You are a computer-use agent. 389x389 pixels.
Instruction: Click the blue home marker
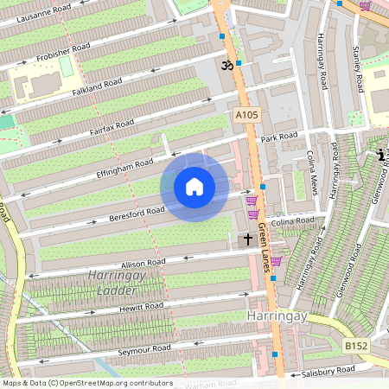194,187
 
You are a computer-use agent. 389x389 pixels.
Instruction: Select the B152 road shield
354,346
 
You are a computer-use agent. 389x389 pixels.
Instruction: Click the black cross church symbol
248,239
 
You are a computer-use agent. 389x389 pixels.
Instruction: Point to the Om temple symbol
226,64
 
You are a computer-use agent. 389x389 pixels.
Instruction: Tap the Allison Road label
143,262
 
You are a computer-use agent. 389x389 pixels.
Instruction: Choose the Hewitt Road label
141,306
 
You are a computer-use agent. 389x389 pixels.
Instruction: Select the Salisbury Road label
328,371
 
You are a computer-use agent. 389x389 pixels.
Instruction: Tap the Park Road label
279,137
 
